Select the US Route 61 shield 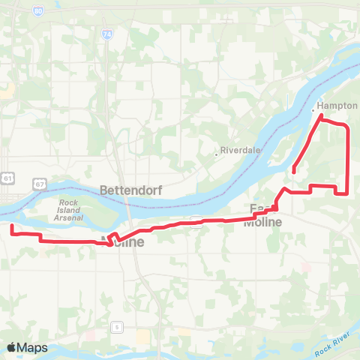[x=7, y=178]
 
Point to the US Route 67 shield [x=39, y=183]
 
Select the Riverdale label [x=240, y=150]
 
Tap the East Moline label [x=265, y=215]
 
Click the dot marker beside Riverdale [x=217, y=153]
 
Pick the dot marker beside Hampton [x=313, y=110]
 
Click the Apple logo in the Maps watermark [x=11, y=347]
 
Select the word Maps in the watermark [x=32, y=347]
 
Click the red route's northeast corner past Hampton [x=346, y=127]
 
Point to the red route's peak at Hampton [x=322, y=117]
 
